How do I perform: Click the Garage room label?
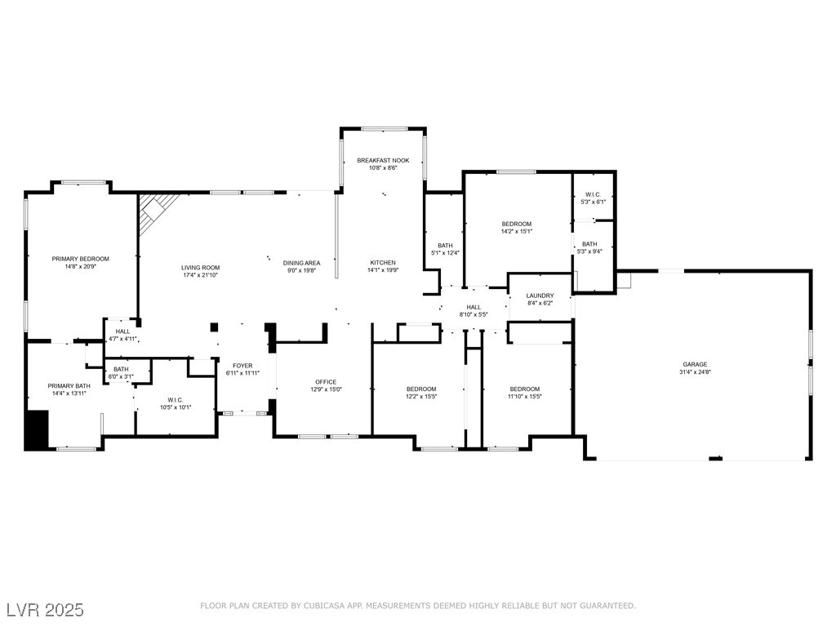click(695, 364)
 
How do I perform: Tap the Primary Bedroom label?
click(81, 259)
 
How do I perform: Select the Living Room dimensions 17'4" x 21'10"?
click(200, 275)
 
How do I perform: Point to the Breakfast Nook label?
click(384, 160)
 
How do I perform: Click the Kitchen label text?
click(384, 262)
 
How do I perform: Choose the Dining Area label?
click(302, 263)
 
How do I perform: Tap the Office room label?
click(326, 382)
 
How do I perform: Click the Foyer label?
click(242, 366)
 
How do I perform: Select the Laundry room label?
click(540, 296)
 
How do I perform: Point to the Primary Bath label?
click(69, 386)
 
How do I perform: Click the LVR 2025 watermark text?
click(46, 609)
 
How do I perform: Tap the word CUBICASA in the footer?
click(324, 606)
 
